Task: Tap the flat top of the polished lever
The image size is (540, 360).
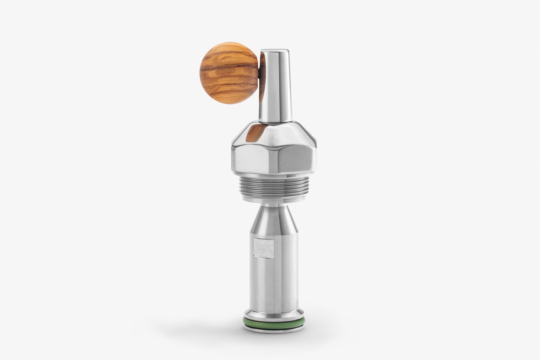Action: pos(275,51)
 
